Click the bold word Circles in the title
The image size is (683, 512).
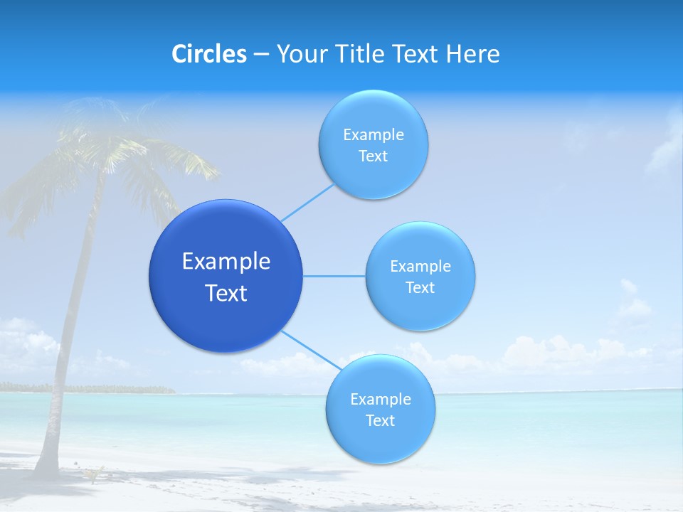(x=209, y=54)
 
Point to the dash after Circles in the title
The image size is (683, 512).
(x=260, y=55)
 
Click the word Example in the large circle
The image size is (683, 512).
(x=226, y=262)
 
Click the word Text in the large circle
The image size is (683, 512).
(x=226, y=293)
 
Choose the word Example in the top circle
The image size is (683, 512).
(x=373, y=135)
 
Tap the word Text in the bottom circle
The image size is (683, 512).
(x=380, y=420)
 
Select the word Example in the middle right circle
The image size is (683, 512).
(x=420, y=267)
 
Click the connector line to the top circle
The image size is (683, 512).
(x=307, y=203)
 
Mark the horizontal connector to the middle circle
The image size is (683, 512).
(x=334, y=276)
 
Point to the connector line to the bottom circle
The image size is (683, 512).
(x=310, y=349)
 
